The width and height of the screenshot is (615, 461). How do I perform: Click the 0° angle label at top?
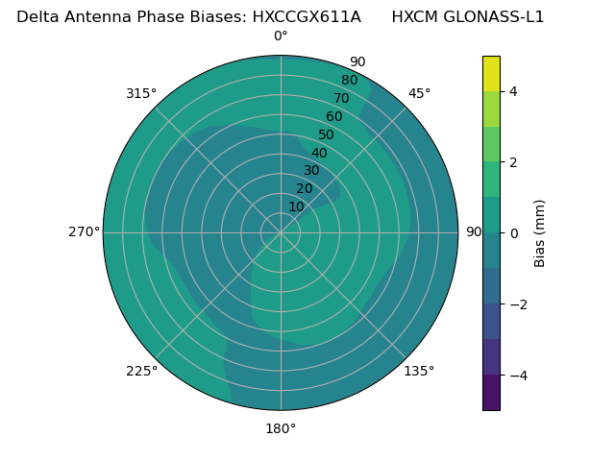(281, 36)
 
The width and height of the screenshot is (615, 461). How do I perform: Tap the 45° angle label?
(419, 93)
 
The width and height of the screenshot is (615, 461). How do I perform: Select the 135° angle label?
(419, 371)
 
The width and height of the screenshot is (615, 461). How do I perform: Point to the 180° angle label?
(281, 428)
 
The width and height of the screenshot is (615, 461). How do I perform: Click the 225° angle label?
(141, 371)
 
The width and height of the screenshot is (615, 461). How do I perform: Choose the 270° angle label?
(84, 231)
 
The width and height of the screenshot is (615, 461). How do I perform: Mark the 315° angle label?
(141, 93)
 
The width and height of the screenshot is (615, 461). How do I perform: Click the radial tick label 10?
(296, 206)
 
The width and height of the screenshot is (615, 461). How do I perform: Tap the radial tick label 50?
(327, 135)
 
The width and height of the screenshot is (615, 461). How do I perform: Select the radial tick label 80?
(349, 81)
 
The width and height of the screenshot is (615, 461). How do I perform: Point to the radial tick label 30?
(311, 171)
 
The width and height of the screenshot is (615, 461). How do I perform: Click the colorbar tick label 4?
(513, 91)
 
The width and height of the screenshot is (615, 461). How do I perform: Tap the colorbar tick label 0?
(513, 233)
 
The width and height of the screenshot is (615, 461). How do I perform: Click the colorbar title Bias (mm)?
(540, 233)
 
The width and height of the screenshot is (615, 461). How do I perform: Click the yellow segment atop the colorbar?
(491, 73)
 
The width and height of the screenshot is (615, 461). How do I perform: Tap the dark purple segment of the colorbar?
(491, 393)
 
